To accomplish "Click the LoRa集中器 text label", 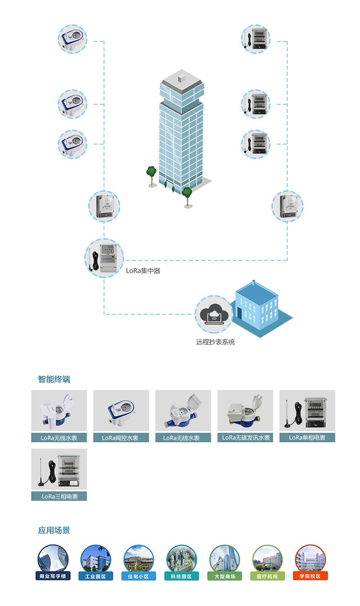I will click(x=143, y=270).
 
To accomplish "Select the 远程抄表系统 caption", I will click(x=215, y=342).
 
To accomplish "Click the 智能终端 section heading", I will click(x=54, y=379).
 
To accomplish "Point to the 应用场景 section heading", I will click(x=54, y=530).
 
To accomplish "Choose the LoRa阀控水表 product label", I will click(x=121, y=438).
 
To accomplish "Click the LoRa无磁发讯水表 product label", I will click(x=245, y=438).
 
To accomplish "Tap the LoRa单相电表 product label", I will click(x=307, y=438).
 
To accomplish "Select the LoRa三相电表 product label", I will click(x=59, y=497).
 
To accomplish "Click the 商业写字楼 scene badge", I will click(x=53, y=576).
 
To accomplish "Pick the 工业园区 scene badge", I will click(x=96, y=576).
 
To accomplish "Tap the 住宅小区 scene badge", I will click(x=139, y=576).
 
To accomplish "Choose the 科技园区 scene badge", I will click(x=182, y=576).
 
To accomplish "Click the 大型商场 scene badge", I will click(x=225, y=576).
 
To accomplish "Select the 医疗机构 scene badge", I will click(x=267, y=576).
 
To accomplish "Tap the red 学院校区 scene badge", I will click(x=311, y=576).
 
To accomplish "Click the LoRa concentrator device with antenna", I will click(x=104, y=257).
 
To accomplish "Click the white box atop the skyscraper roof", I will click(x=181, y=78).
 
